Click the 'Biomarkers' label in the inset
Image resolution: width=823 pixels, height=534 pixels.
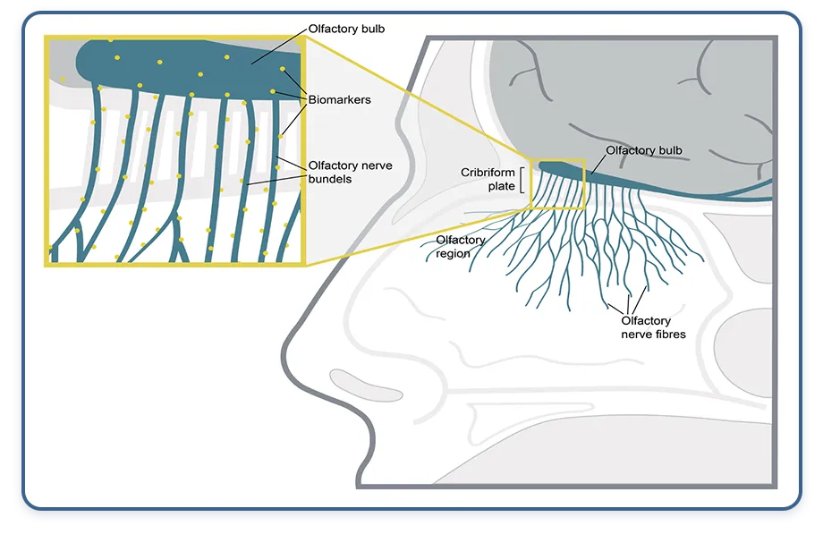[x=339, y=100]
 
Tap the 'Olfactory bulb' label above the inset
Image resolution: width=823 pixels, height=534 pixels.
[x=346, y=29]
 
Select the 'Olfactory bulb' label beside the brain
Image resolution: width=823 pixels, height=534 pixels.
[x=644, y=150]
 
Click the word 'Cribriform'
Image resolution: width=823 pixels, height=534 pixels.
[x=488, y=173]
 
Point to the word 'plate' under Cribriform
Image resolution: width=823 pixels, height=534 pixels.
[x=501, y=186]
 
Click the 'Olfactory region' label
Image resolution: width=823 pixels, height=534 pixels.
[x=461, y=247]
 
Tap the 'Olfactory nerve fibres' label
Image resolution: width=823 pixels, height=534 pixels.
[x=653, y=327]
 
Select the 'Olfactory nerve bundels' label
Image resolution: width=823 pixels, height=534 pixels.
[x=350, y=173]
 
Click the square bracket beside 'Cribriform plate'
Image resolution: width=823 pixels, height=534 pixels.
[x=522, y=180]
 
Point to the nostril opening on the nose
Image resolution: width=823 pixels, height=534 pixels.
[x=366, y=385]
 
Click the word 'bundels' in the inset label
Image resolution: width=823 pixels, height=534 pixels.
[x=330, y=179]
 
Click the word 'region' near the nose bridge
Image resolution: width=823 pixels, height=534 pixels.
[x=453, y=254]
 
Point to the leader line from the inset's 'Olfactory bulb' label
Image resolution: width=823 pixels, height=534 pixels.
[x=279, y=47]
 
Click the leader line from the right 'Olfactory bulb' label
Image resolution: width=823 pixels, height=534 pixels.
[x=598, y=165]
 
